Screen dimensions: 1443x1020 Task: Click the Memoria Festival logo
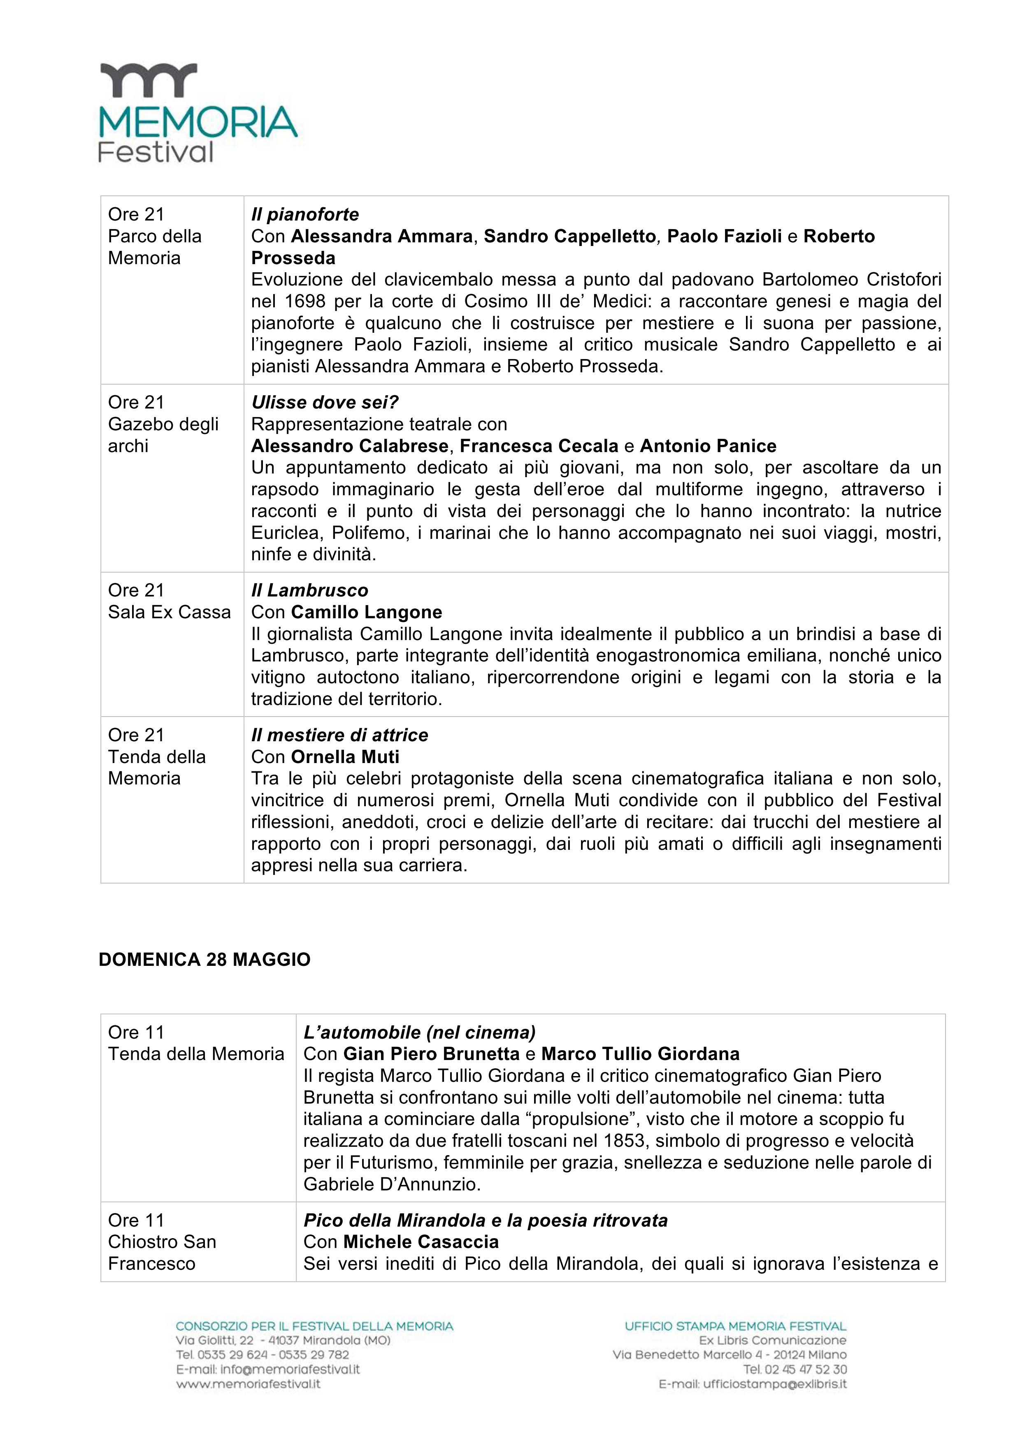pos(197,113)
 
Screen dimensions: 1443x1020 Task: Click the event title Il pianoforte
pos(305,214)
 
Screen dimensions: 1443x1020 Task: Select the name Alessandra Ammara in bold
pos(381,236)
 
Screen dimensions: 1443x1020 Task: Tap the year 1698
pos(305,301)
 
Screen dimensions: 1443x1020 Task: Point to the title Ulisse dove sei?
pos(325,402)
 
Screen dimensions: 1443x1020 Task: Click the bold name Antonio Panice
pos(708,445)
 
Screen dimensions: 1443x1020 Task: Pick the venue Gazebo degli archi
pos(163,424)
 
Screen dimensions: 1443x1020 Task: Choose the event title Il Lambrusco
pos(309,590)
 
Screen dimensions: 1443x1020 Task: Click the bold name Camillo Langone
pos(366,612)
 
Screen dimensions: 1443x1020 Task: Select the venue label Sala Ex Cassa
pos(169,612)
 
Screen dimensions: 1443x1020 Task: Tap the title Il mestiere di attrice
pos(339,735)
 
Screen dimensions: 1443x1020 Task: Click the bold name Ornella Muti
pos(345,757)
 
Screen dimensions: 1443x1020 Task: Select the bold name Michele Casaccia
pos(421,1242)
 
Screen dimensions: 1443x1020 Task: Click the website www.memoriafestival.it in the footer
pos(248,1384)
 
